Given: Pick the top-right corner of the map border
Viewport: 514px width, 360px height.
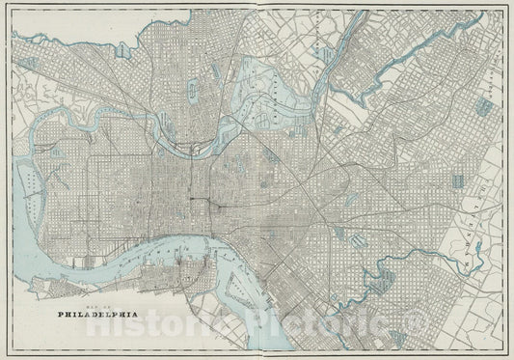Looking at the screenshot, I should click(x=504, y=11).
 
